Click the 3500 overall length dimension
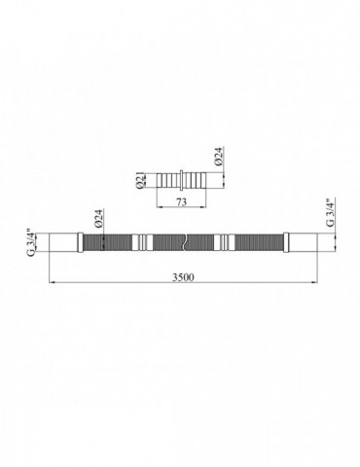pyautogui.click(x=183, y=277)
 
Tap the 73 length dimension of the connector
pyautogui.click(x=182, y=202)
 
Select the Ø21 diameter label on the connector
pyautogui.click(x=140, y=181)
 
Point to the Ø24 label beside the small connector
pyautogui.click(x=219, y=157)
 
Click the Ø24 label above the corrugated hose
pyautogui.click(x=99, y=218)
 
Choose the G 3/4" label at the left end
pyautogui.click(x=31, y=243)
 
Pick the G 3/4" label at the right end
pyautogui.click(x=330, y=212)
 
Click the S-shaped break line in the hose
pyautogui.click(x=184, y=242)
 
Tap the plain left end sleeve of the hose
pyautogui.click(x=63, y=242)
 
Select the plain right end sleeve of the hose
pyautogui.click(x=303, y=242)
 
